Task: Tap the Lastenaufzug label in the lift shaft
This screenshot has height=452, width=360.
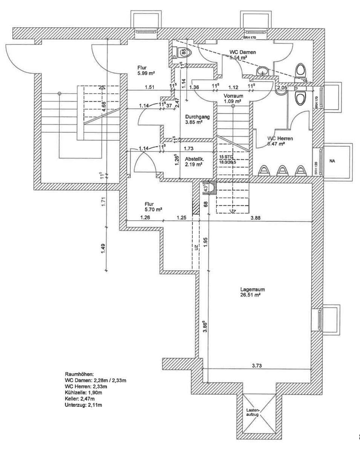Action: tap(252, 412)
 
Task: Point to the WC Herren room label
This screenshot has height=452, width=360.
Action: tap(280, 138)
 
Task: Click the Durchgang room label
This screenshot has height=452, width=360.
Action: tap(198, 117)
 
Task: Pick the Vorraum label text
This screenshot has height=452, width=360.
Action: tap(232, 96)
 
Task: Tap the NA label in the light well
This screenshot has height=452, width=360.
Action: tap(332, 161)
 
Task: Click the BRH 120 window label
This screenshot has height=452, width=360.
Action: tap(316, 168)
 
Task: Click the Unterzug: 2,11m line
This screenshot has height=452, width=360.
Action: tap(84, 405)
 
